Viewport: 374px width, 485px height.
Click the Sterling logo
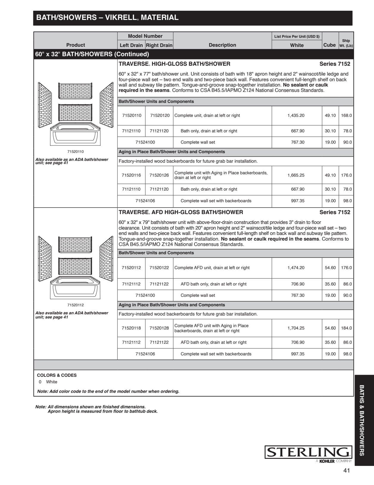308,452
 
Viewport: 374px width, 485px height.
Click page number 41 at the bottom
346,470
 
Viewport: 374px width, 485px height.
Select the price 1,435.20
296,115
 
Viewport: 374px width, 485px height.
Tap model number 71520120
160,115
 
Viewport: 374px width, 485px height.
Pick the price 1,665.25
296,175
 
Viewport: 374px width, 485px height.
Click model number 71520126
159,175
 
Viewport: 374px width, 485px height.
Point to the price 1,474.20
296,268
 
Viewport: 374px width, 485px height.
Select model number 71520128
159,328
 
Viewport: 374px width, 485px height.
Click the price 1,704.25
296,328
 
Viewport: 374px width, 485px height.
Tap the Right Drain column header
159,45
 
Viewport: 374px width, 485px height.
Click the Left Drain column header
131,45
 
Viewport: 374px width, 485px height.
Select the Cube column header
329,45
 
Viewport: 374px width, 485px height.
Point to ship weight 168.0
346,115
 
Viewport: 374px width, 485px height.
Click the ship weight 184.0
346,328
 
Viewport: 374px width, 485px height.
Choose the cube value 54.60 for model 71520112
330,268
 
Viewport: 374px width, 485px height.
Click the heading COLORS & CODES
57,375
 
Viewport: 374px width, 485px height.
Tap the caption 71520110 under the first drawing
75,152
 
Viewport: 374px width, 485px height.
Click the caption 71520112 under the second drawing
75,305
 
